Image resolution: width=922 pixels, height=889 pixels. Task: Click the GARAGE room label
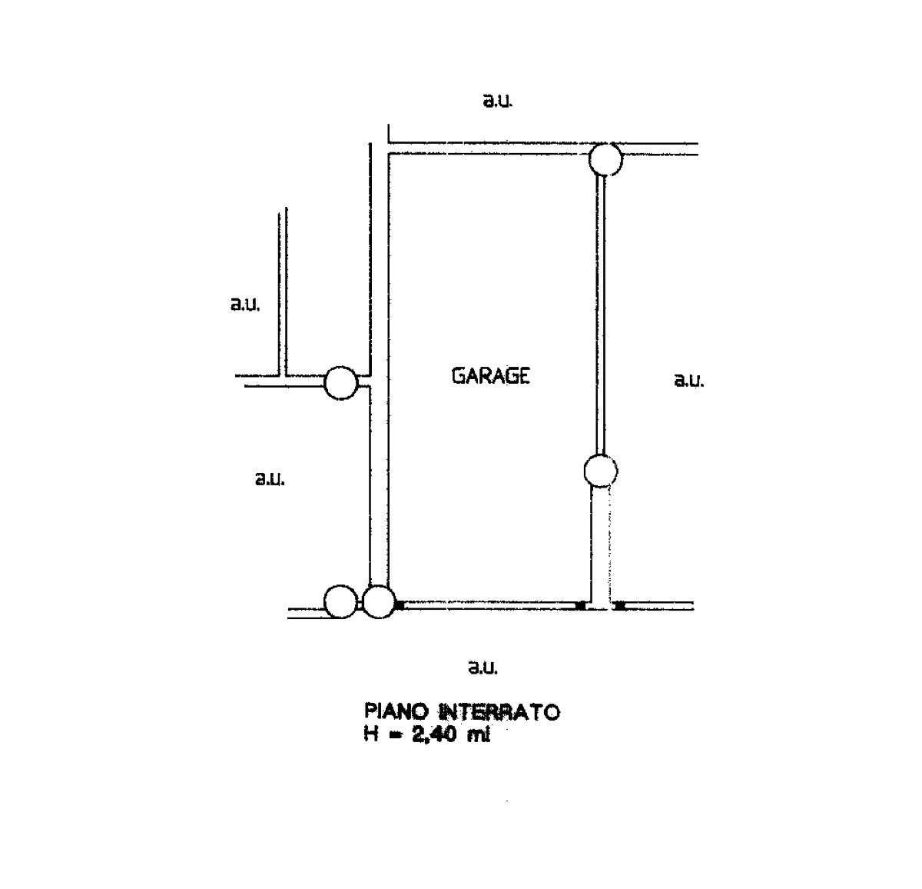(491, 376)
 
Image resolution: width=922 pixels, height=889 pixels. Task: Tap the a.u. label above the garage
(497, 101)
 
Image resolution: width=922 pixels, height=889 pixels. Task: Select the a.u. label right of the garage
(689, 380)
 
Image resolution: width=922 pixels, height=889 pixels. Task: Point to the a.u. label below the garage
(483, 667)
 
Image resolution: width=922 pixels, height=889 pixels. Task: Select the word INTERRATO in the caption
(500, 712)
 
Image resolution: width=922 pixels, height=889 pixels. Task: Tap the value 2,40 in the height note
(433, 734)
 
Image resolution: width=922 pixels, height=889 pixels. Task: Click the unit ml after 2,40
(479, 734)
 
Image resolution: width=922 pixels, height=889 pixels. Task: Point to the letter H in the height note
(371, 734)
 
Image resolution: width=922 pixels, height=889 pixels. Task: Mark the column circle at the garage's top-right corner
(605, 159)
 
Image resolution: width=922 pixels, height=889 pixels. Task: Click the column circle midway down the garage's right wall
(601, 471)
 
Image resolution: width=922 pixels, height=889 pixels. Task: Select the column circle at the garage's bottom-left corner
(379, 602)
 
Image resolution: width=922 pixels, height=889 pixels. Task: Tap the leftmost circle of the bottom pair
(340, 602)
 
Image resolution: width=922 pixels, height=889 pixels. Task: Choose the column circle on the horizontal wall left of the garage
(340, 383)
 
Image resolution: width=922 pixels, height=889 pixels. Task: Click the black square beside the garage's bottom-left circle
(400, 605)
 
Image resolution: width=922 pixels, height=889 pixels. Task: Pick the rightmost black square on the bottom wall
(619, 605)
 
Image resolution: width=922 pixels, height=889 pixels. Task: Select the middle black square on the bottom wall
(580, 605)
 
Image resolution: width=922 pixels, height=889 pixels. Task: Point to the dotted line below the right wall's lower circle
(609, 544)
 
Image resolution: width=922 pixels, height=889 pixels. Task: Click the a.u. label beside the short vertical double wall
(245, 305)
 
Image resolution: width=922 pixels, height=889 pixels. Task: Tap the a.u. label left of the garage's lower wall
(270, 479)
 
